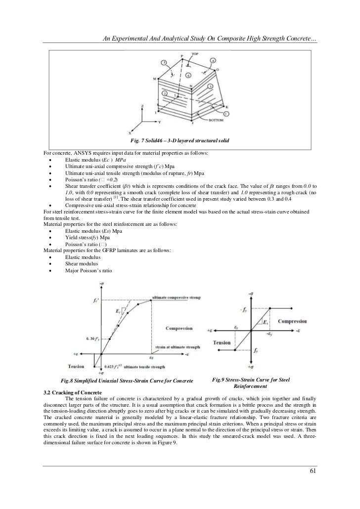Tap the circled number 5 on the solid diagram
click(164, 64)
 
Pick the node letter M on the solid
click(154, 79)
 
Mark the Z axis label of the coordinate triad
click(142, 107)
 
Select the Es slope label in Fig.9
click(265, 323)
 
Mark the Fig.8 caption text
click(126, 381)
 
